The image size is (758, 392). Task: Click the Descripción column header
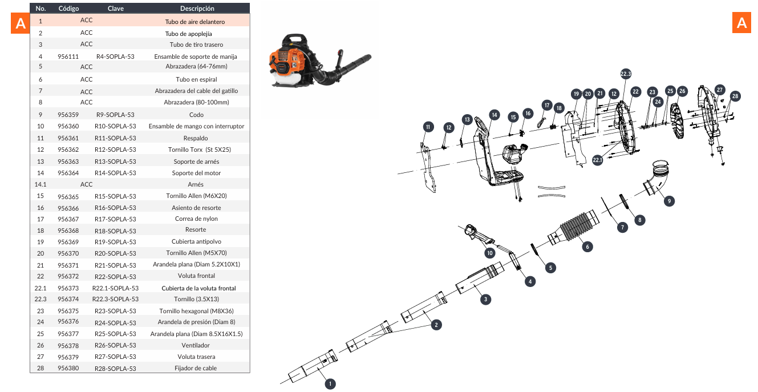pos(197,9)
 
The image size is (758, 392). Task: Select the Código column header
pos(68,9)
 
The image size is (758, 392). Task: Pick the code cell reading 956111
pos(68,57)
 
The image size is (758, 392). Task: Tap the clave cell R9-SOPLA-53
pos(115,115)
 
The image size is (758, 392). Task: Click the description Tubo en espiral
pos(196,79)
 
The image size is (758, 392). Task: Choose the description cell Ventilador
pos(196,345)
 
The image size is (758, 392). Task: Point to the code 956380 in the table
pos(68,369)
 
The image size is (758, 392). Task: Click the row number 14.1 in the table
pos(40,184)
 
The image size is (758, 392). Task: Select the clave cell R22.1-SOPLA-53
pos(115,288)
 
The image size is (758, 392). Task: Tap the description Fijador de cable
pos(196,369)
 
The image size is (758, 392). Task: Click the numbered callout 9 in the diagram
pos(669,201)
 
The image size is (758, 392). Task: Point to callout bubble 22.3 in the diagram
pos(626,74)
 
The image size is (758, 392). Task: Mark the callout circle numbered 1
pos(330,384)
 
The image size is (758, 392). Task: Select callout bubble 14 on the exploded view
pos(494,115)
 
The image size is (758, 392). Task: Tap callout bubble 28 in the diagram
pos(735,96)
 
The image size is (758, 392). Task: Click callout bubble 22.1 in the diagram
pos(597,160)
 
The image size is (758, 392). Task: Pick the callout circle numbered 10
pos(489,252)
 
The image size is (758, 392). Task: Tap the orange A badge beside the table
pos(21,23)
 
